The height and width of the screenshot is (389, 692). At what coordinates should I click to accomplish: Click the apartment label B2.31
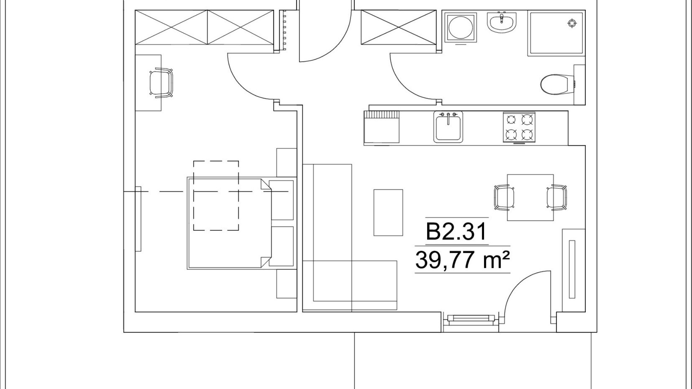pyautogui.click(x=456, y=232)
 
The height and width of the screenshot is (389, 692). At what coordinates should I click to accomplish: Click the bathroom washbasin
pyautogui.click(x=502, y=22)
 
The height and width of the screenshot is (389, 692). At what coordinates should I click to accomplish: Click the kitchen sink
pyautogui.click(x=448, y=127)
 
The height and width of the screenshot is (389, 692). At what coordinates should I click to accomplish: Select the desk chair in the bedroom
pyautogui.click(x=161, y=83)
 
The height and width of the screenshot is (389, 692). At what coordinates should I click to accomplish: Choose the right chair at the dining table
pyautogui.click(x=557, y=197)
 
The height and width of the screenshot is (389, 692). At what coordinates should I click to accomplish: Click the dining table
pyautogui.click(x=530, y=197)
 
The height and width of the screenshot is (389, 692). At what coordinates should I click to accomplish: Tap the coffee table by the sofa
pyautogui.click(x=388, y=213)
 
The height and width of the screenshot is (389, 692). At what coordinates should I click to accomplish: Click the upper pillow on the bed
pyautogui.click(x=281, y=200)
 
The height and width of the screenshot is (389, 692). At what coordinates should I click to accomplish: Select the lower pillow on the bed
pyautogui.click(x=281, y=246)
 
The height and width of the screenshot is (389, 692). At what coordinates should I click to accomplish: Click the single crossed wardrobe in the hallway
pyautogui.click(x=399, y=27)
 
